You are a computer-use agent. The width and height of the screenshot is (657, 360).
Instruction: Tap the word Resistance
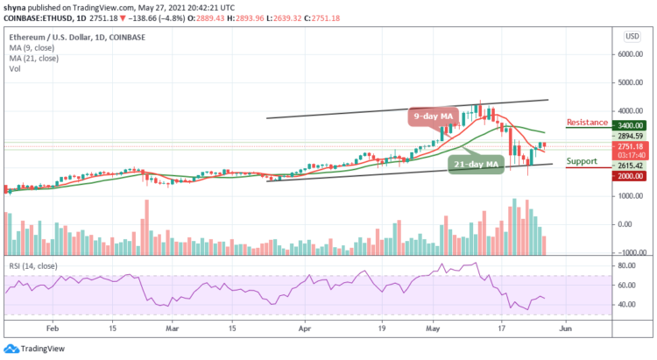pos(588,122)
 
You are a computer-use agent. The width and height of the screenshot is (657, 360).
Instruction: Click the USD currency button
pos(630,36)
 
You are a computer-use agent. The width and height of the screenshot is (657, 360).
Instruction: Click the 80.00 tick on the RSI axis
pos(628,264)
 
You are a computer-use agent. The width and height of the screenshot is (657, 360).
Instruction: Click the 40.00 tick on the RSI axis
pos(628,305)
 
